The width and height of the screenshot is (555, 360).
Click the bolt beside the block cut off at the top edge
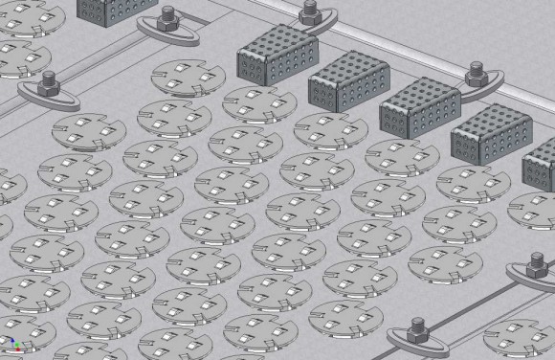pyautogui.click(x=167, y=17)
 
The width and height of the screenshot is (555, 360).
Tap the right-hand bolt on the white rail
pyautogui.click(x=477, y=71)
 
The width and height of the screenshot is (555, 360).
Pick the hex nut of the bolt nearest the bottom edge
pyautogui.click(x=418, y=332)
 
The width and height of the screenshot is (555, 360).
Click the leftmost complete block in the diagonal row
pyautogui.click(x=271, y=54)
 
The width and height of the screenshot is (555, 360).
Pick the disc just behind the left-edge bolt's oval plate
pyautogui.click(x=21, y=56)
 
